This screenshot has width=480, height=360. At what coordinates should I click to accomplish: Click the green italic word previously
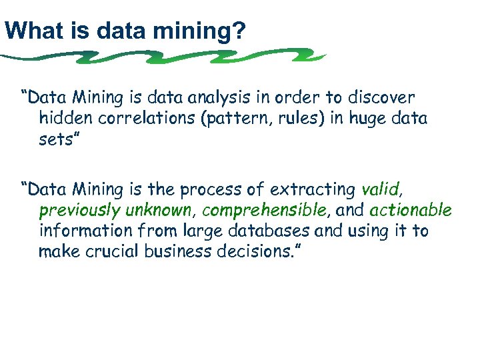(x=78, y=212)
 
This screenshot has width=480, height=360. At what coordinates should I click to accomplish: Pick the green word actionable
(x=410, y=211)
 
